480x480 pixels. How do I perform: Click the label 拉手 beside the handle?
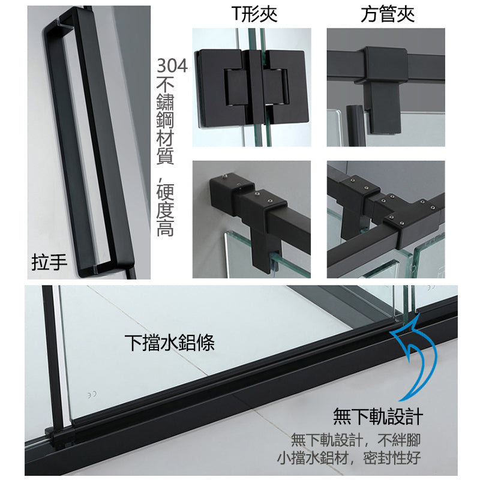point(49,263)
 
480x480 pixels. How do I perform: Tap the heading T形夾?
point(254,14)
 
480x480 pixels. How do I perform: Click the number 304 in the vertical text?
point(171,65)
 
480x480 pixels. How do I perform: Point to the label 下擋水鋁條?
point(170,343)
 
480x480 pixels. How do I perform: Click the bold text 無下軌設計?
point(378,416)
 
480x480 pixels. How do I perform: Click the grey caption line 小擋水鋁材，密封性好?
point(348,459)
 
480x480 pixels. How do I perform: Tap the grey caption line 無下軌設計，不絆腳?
point(354,440)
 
